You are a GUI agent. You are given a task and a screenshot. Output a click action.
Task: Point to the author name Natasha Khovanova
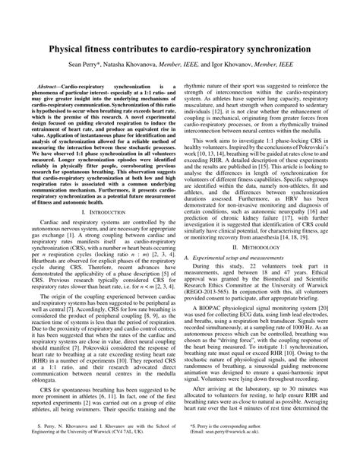pyautogui.click(x=156, y=66)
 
